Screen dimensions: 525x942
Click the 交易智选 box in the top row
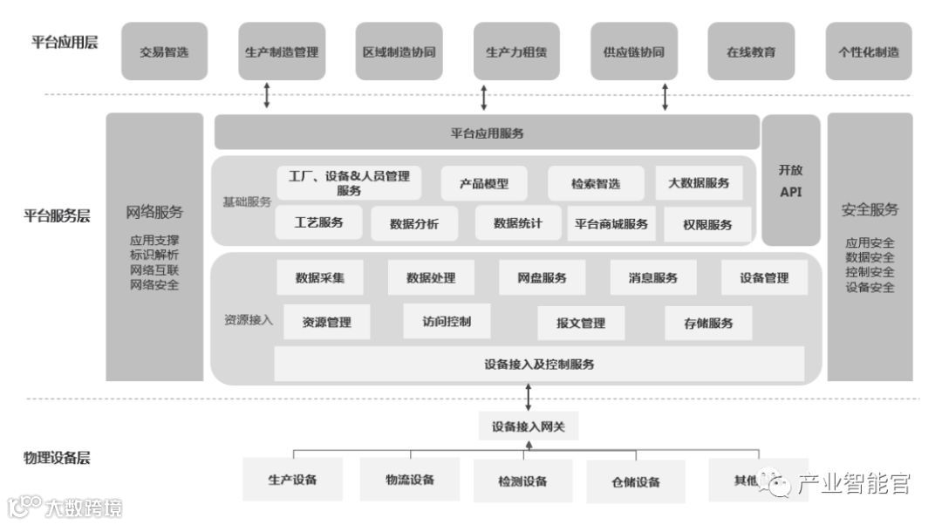[x=164, y=51]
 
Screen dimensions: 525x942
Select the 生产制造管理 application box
[x=282, y=51]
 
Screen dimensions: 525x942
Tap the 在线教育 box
[x=751, y=51]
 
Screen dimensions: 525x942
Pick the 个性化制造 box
[x=869, y=51]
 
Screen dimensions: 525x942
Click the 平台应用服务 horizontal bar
[x=487, y=133]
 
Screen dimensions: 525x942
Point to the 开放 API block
[x=791, y=181]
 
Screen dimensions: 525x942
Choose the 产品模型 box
[x=484, y=183]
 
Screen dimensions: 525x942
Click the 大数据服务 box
[x=699, y=183]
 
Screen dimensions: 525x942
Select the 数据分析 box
[x=415, y=223]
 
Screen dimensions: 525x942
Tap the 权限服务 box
[x=707, y=224]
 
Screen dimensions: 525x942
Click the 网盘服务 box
[x=542, y=278]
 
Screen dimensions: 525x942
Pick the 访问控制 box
[x=447, y=321]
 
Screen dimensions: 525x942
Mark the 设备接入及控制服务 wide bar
[x=539, y=364]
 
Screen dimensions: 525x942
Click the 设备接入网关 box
[x=529, y=426]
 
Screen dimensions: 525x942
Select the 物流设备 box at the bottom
[x=410, y=480]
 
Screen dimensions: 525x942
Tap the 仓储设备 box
[x=636, y=481]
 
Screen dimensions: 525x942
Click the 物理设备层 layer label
[x=57, y=458]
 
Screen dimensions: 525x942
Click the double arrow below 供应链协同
[x=665, y=96]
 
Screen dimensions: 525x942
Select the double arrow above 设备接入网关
[x=529, y=398]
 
